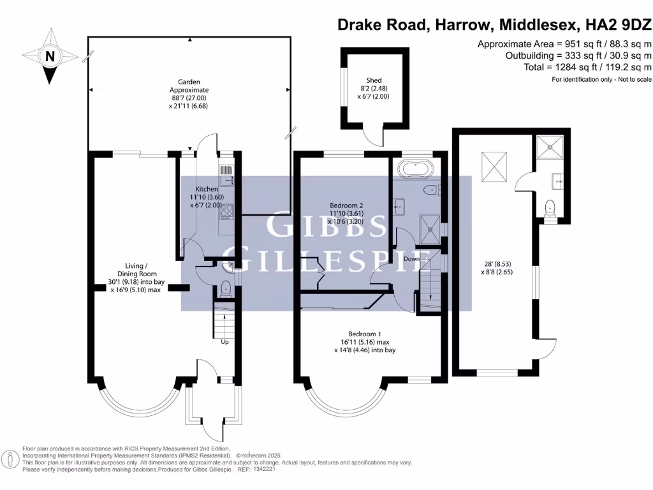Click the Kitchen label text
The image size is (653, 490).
pyautogui.click(x=207, y=189)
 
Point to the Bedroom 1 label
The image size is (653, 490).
pyautogui.click(x=365, y=334)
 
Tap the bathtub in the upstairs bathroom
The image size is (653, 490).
pyautogui.click(x=416, y=169)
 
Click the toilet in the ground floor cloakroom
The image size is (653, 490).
pyautogui.click(x=224, y=289)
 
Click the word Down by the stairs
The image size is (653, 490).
pyautogui.click(x=411, y=259)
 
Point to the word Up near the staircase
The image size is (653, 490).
pyautogui.click(x=224, y=342)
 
